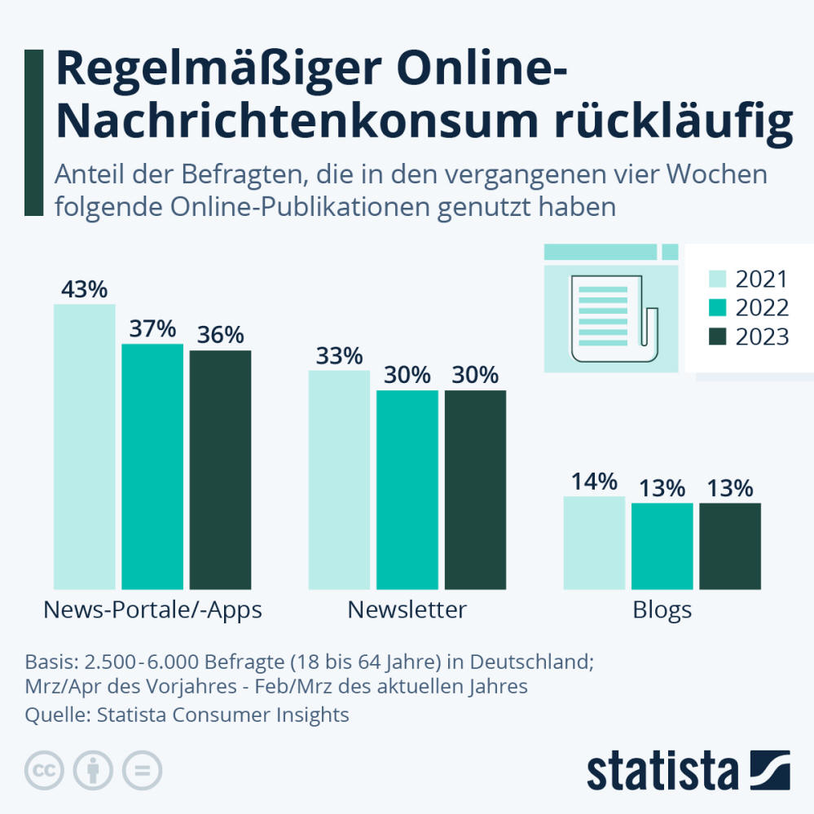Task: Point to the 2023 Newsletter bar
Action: pos(475,489)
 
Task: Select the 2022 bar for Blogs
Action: pos(662,546)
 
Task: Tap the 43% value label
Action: pos(84,290)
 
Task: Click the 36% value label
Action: pos(220,335)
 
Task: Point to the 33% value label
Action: pos(339,356)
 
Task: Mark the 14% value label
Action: pos(594,482)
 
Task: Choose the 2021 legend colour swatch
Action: pos(717,279)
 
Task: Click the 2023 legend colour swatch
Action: pos(717,337)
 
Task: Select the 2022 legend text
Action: pos(762,308)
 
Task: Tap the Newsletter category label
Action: pos(407,609)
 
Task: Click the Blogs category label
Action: pos(662,609)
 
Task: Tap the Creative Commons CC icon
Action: pos(46,769)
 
